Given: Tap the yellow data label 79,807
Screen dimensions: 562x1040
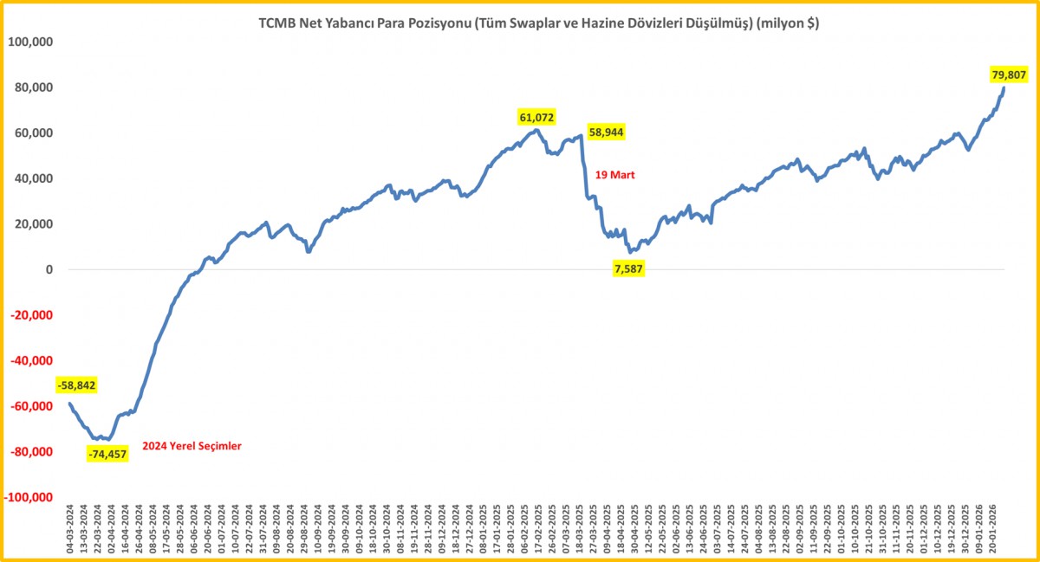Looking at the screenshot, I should (1009, 74).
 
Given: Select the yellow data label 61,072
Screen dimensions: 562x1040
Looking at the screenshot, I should (536, 117).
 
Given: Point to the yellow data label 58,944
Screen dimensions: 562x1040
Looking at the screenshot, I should (606, 132).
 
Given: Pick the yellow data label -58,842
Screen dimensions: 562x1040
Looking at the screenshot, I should (76, 385).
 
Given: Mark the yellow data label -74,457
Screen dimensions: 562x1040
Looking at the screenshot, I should (108, 454).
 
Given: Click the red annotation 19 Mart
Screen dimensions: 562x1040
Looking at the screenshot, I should (615, 175).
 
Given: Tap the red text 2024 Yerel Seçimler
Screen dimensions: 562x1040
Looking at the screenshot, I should (192, 446).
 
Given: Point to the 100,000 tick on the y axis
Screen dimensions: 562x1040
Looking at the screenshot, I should (30, 42).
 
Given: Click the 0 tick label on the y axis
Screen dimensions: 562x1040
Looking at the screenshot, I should (49, 269).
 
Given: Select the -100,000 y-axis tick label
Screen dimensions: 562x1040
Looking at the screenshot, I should (28, 498).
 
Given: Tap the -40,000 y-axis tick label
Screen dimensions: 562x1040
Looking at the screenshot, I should (30, 361).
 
